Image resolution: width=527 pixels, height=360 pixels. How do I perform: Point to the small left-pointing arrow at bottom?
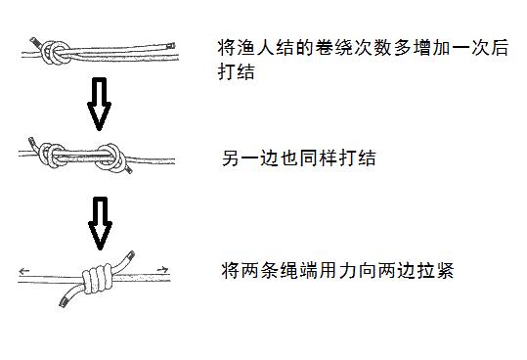(24, 269)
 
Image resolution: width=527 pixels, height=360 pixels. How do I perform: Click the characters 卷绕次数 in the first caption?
(351, 46)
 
